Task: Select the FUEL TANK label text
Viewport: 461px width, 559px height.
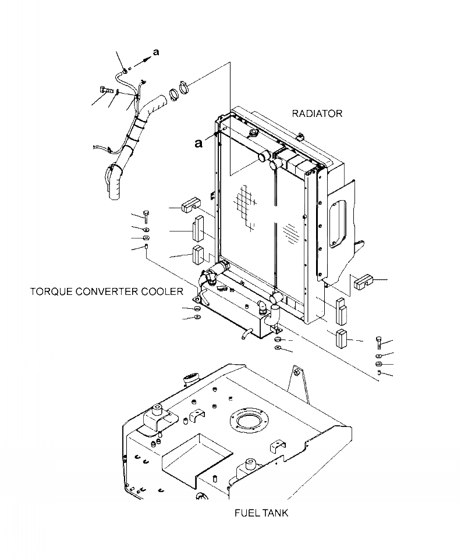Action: tap(261, 512)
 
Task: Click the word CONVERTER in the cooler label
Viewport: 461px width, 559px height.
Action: tap(109, 291)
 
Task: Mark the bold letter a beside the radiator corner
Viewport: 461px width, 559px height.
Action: tap(199, 143)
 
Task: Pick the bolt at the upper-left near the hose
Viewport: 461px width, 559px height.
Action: tap(104, 90)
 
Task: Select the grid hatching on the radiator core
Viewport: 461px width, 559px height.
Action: tap(247, 204)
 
